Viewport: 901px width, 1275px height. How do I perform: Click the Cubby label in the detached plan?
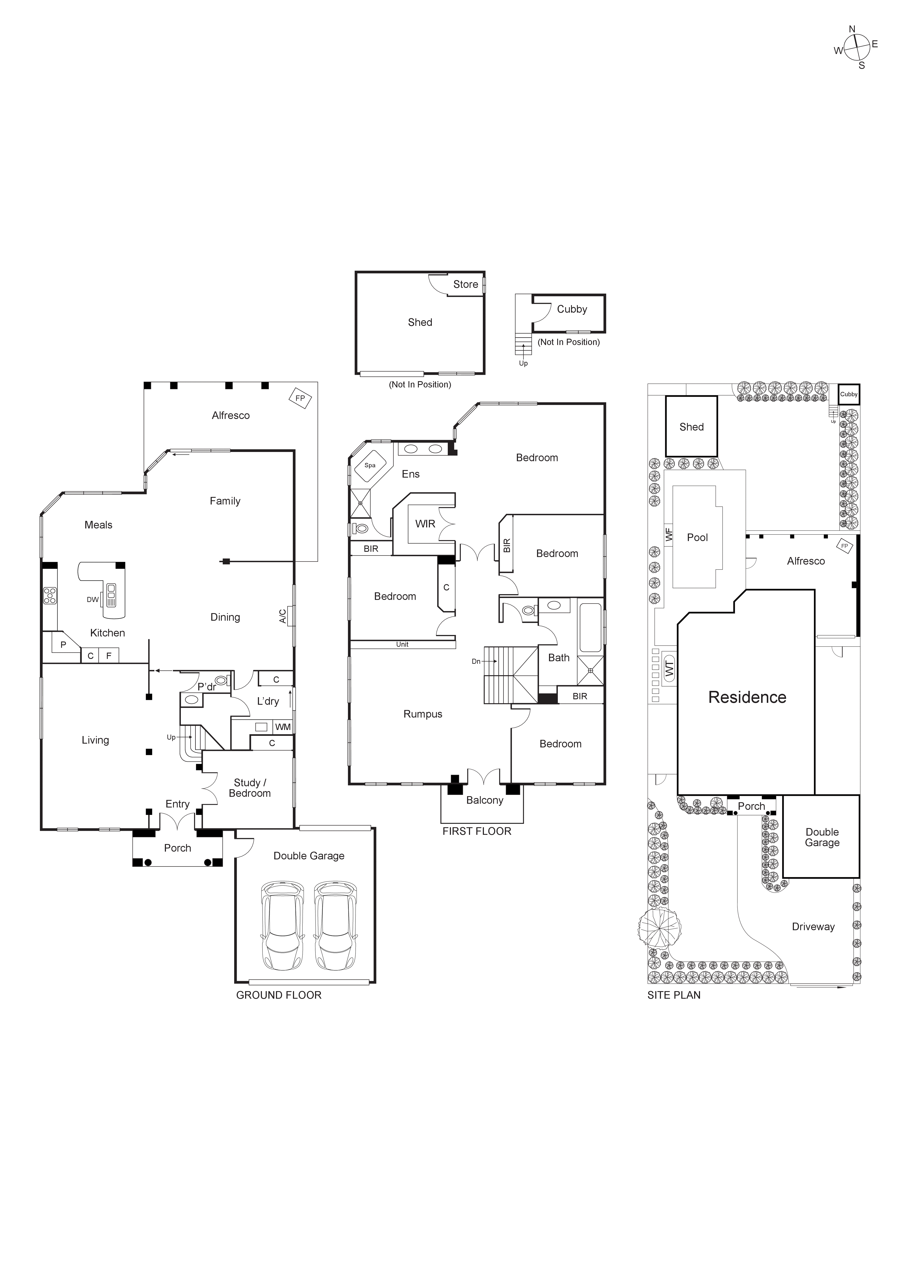(572, 309)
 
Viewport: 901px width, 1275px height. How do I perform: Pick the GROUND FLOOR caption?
(279, 995)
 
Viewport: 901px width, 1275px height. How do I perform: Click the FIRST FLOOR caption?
(476, 831)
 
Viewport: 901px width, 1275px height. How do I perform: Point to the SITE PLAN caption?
(673, 995)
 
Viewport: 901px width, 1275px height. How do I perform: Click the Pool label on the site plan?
(697, 537)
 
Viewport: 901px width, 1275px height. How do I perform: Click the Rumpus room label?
(423, 714)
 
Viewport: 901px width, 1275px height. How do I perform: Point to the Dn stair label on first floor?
(476, 661)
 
